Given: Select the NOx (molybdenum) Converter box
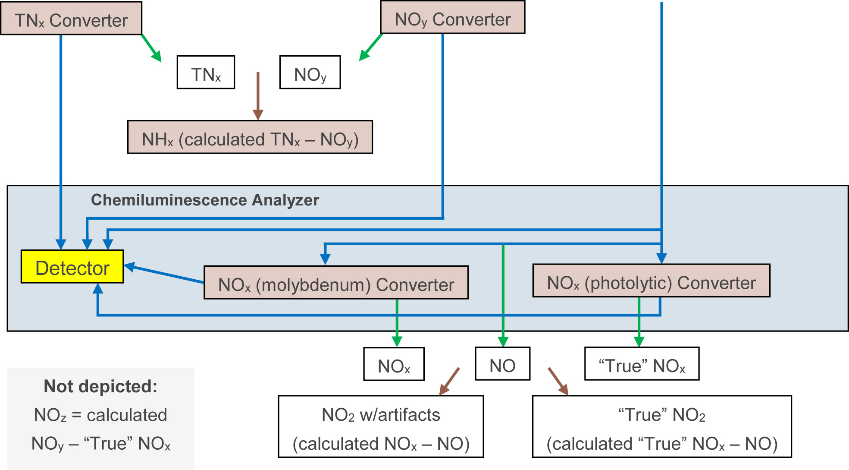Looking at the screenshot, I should pos(336,283).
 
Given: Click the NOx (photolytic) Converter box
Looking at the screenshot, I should pos(651,281).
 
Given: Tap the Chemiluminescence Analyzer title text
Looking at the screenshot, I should pos(205,200).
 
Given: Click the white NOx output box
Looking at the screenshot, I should pos(394,364).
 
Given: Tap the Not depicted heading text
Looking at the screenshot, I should pos(100,386).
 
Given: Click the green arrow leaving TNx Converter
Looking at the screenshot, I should pos(151,48).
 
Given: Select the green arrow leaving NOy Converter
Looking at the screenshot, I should pos(371,47).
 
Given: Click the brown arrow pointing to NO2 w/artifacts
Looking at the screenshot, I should pos(449,381).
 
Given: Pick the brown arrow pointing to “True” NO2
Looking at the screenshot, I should pos(558,381).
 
